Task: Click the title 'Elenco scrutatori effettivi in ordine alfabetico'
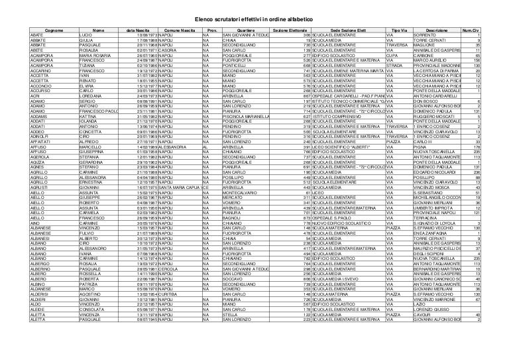tap(254, 19)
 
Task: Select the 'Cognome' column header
tap(54, 30)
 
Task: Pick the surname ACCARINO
tap(41, 70)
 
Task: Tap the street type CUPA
tap(392, 55)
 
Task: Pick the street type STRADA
tap(395, 66)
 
